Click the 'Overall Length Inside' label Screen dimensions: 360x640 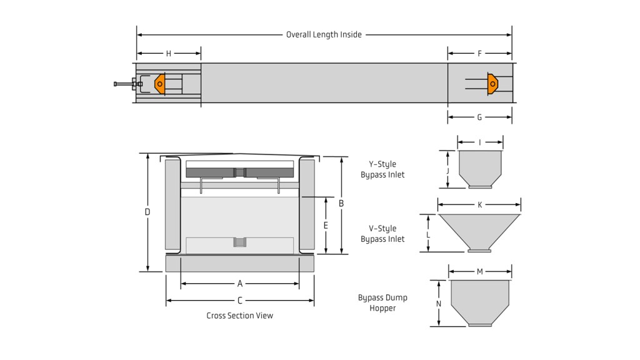coord(324,35)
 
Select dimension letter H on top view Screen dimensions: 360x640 coord(168,54)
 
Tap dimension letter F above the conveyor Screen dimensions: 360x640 coord(479,54)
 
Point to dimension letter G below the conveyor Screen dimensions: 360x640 coord(479,117)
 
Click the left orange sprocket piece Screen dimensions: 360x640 coord(160,84)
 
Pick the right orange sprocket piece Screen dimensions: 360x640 coord(492,82)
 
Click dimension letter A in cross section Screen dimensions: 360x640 coord(239,284)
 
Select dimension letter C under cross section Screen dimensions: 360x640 coord(239,301)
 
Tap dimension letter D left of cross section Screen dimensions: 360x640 coord(147,212)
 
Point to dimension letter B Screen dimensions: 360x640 coord(341,203)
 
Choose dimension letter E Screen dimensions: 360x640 coord(326,225)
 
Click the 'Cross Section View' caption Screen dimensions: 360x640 coord(239,316)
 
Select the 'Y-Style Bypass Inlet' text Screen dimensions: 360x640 coord(382,169)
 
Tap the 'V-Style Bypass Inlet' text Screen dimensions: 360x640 coord(382,234)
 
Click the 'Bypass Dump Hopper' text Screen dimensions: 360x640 coord(382,303)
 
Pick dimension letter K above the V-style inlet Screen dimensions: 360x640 coord(479,205)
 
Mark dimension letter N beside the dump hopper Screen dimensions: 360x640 coord(439,304)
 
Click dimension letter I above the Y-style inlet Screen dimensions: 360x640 coord(479,142)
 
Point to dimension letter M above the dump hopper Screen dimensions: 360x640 coord(479,271)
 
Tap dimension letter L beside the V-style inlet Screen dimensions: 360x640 coord(428,235)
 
